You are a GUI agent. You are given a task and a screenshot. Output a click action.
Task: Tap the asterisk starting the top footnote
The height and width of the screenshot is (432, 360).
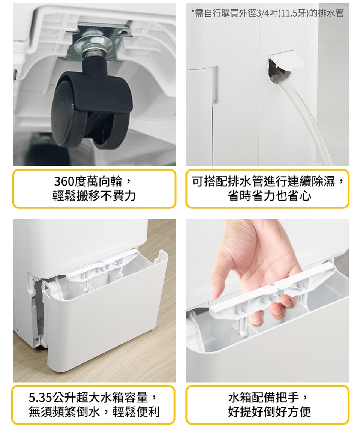193,12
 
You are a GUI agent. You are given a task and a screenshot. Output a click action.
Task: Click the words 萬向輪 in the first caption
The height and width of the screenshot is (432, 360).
105,181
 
